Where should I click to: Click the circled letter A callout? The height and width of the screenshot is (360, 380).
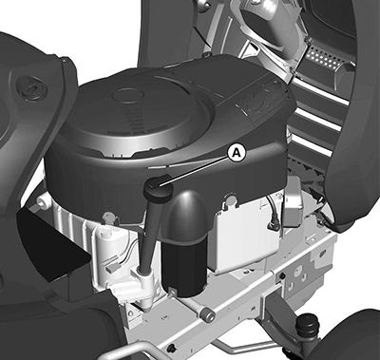[x=237, y=153]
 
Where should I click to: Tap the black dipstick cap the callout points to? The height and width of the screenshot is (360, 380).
[x=158, y=188]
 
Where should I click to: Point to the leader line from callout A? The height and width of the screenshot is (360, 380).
[x=194, y=171]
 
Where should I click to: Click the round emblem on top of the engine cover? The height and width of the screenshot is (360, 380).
[x=128, y=95]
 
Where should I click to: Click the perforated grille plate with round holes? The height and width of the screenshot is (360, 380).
[x=323, y=59]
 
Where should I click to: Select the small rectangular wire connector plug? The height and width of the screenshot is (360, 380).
[x=112, y=269]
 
